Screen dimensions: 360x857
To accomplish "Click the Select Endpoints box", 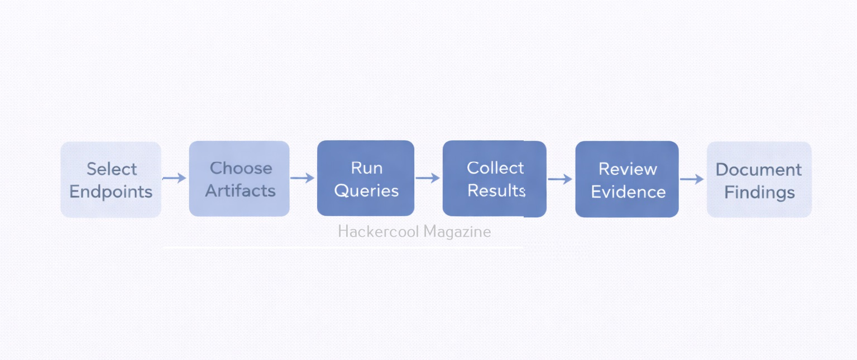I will pos(111,179).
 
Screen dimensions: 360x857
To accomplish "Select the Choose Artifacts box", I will pos(239,179).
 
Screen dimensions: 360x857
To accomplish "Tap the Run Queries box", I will pos(366,178).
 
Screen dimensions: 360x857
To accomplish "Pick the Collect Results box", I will pos(494,179).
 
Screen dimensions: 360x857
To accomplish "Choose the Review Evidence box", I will pos(627,179).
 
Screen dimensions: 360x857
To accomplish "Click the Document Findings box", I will pos(759,179).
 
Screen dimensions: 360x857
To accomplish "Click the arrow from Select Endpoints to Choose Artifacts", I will pos(175,178).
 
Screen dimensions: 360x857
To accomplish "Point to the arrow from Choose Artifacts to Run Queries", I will pos(303,178).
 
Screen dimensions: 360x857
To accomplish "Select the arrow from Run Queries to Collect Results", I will pos(428,178).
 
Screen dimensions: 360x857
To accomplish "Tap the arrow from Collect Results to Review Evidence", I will pos(560,179).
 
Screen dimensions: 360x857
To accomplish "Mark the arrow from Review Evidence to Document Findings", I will pos(692,179).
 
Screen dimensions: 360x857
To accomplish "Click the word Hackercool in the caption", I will pos(378,231).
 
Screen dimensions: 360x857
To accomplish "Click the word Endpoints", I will pos(111,191).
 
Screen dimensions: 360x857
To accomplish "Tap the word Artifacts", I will pos(240,190).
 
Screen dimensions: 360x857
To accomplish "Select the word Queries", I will pos(366,190).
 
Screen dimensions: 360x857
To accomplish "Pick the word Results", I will pos(496,190).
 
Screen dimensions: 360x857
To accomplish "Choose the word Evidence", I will pos(628,192).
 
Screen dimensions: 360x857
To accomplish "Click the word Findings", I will pos(759,193).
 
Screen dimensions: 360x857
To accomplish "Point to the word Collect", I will pos(495,167).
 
